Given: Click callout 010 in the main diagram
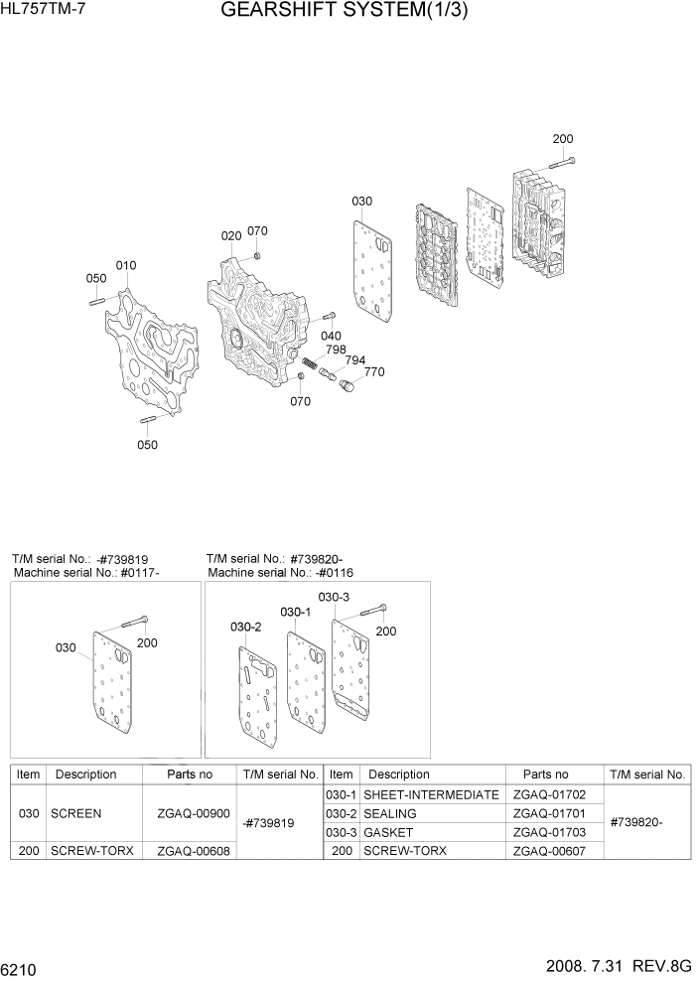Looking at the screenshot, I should tap(126, 266).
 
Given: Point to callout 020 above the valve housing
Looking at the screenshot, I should tap(231, 236).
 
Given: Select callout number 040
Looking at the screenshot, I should tap(331, 336).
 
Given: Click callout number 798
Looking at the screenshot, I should tap(336, 350).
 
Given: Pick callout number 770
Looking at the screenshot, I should tap(373, 372).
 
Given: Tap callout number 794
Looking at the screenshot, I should tap(354, 360).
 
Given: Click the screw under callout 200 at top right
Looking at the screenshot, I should tap(563, 161).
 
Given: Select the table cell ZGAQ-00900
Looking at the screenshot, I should tap(193, 813).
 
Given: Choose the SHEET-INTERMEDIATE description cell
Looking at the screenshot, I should tap(431, 794).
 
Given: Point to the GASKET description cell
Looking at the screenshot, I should tap(389, 832).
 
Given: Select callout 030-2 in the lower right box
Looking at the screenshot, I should tap(245, 627).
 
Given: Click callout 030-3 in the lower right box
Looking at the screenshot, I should tap(334, 597).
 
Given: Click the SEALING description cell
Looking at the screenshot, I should tap(391, 813).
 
